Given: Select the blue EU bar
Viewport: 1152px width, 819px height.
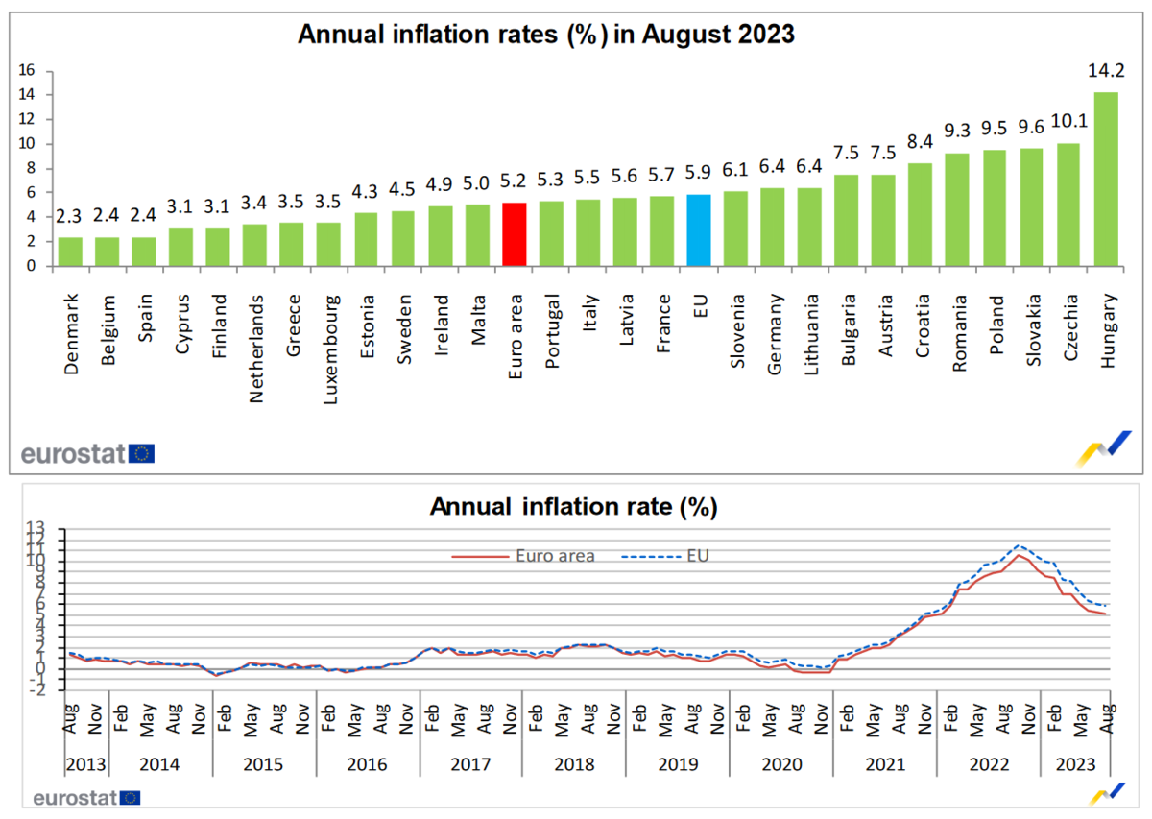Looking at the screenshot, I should pyautogui.click(x=699, y=230).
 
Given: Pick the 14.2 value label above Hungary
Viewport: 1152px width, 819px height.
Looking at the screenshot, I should pyautogui.click(x=1106, y=70).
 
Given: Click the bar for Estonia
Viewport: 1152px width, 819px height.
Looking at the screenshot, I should pyautogui.click(x=367, y=239).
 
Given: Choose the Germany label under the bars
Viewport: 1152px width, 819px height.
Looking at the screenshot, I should pyautogui.click(x=773, y=327).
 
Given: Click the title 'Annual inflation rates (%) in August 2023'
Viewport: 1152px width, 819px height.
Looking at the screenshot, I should pyautogui.click(x=546, y=35).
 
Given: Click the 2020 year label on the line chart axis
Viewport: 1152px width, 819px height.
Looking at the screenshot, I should pyautogui.click(x=780, y=764).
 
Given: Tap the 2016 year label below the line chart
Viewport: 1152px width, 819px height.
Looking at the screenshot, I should pyautogui.click(x=368, y=764).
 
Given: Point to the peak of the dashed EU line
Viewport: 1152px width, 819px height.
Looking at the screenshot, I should pyautogui.click(x=1020, y=545).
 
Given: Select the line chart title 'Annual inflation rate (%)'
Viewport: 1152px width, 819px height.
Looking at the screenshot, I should pyautogui.click(x=573, y=506).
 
